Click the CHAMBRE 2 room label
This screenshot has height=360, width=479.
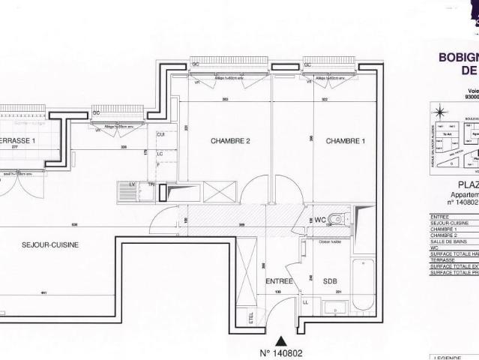coord(229,141)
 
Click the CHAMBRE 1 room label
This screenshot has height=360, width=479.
coord(346,141)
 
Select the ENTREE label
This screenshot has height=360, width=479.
coord(279,281)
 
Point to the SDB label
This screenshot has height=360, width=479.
coord(330,281)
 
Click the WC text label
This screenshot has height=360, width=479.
coord(320,220)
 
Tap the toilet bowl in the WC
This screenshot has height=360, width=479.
coord(338,220)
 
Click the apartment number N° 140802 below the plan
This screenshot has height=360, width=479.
coord(281,352)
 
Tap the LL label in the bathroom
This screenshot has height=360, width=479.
coord(305,302)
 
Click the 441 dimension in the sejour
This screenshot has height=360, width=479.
coord(45,292)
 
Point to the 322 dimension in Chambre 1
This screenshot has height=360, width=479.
coord(325,100)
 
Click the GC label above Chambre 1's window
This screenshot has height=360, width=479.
coord(307,64)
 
